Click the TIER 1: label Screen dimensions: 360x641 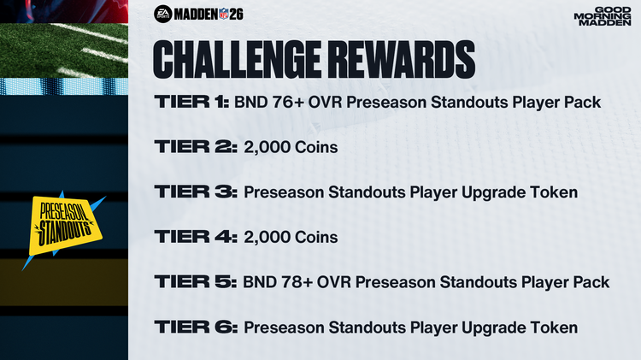tap(191, 103)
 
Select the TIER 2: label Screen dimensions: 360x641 tap(195, 148)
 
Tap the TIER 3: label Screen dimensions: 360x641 tap(195, 192)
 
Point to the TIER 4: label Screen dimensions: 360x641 tap(196, 237)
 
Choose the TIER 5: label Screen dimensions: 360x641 tap(195, 282)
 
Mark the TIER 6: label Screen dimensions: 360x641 tap(195, 327)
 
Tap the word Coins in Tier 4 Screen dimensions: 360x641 tap(316, 237)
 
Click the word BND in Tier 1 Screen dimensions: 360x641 tap(250, 103)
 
